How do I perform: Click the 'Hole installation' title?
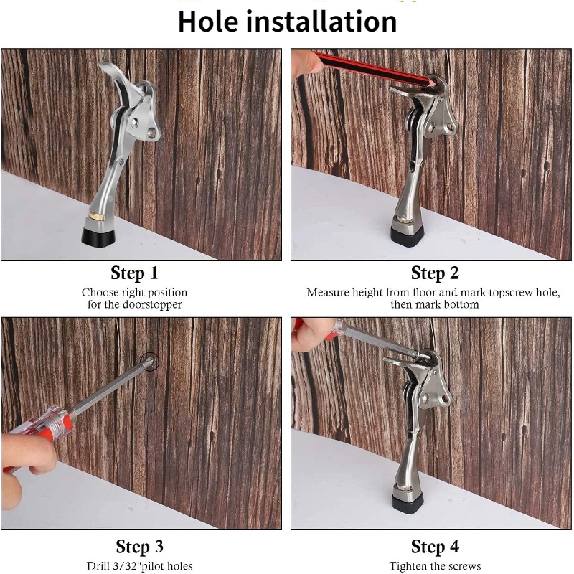[288, 22]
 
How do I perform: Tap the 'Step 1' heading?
[134, 273]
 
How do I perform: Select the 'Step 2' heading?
[435, 273]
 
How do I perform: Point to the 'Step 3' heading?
[139, 547]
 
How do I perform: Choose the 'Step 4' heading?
[435, 547]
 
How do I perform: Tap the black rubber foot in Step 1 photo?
[98, 237]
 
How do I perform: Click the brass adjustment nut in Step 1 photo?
[97, 217]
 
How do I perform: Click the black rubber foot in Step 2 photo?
[408, 236]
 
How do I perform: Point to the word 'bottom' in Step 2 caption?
[460, 304]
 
